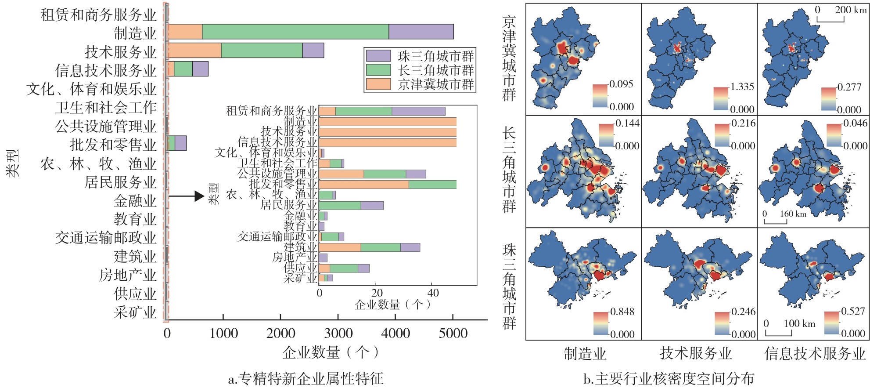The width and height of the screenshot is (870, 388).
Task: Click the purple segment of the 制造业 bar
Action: coord(421,32)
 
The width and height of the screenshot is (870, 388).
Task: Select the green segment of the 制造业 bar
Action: coord(295,32)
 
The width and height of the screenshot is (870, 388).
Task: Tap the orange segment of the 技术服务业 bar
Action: coord(194,51)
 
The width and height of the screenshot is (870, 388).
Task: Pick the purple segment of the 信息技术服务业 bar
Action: coord(200,69)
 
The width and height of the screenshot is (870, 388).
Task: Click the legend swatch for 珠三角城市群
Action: coord(378,56)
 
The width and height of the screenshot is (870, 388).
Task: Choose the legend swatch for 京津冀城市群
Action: coord(378,84)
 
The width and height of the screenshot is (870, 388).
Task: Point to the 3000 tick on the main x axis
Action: coord(338,317)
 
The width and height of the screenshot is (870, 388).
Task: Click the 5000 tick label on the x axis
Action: coord(453,333)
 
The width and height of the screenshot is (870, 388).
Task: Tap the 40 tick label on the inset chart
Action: coord(432,293)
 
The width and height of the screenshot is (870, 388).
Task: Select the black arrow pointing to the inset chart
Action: coord(186,196)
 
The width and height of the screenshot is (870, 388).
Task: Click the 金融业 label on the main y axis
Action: coord(135,201)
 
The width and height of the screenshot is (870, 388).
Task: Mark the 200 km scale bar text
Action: coord(850,10)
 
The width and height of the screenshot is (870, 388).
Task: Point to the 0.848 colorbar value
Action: coord(622,312)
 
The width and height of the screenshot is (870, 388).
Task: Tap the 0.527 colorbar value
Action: coord(853,311)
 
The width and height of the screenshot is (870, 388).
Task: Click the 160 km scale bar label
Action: coord(793,214)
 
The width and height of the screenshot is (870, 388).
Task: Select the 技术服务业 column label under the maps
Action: coord(696,353)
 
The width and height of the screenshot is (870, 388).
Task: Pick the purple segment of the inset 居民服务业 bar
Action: coord(372,205)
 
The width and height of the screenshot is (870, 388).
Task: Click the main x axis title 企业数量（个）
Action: coord(330,352)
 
